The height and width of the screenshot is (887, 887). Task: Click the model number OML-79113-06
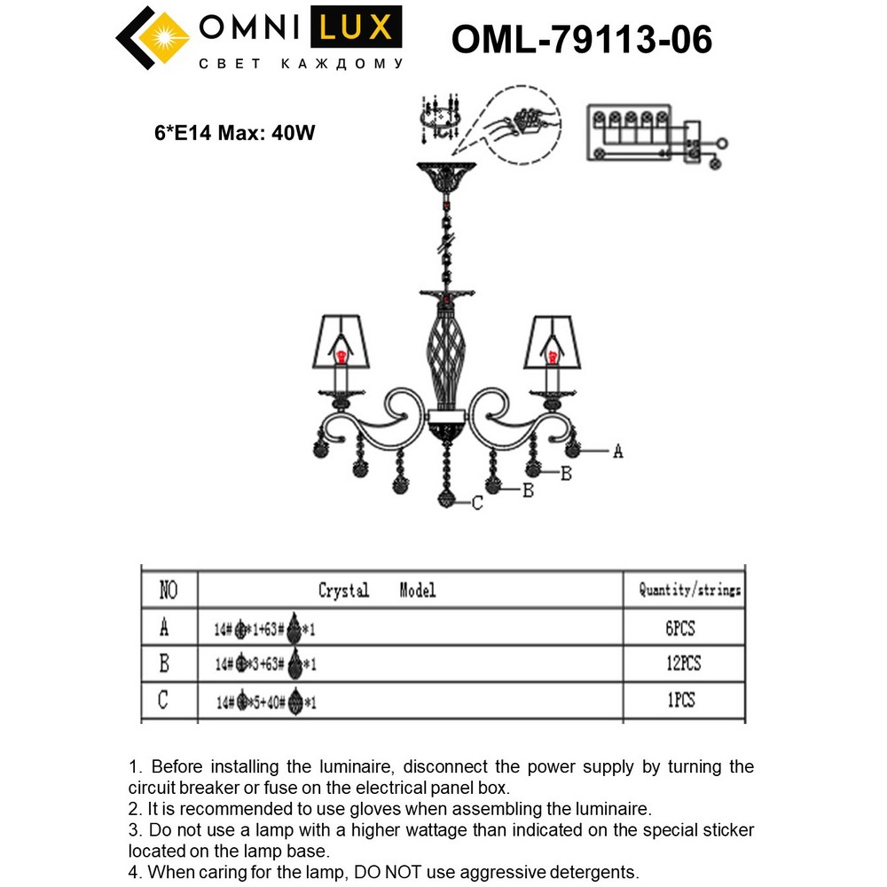coord(581,40)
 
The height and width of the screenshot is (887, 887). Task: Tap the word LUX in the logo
coord(355,28)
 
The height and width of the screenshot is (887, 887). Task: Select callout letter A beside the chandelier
coord(618,451)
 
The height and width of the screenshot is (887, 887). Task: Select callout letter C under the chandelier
coord(477,503)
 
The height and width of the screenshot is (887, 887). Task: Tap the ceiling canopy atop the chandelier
coord(446,177)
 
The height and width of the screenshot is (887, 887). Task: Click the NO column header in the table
coord(168,590)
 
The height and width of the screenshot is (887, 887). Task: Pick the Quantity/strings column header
coord(689,590)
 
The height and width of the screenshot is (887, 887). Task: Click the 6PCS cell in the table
coord(680,629)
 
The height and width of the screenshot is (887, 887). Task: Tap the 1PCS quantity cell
coord(680,701)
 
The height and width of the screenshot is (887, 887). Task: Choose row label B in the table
coord(164,663)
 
